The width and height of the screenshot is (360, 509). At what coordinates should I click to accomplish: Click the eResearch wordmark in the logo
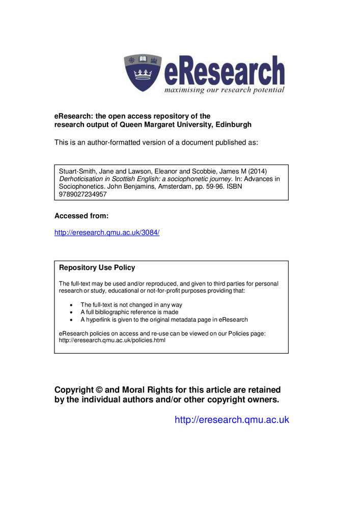coord(224,72)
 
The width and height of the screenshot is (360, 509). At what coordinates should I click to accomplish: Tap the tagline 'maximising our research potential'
coord(224,90)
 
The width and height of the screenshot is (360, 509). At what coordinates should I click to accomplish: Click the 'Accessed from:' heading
coord(81,216)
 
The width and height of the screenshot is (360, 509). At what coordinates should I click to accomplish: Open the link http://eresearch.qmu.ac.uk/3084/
coord(107,232)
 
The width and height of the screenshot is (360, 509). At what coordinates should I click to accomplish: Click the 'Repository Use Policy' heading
coord(97,268)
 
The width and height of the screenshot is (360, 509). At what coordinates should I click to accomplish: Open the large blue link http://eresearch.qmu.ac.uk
coord(232,420)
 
